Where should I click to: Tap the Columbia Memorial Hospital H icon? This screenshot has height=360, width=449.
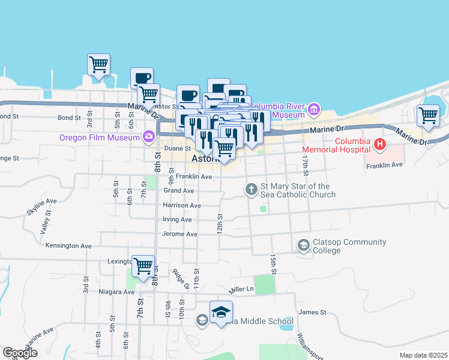pos(379,144)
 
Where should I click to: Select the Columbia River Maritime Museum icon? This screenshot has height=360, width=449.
pos(313,110)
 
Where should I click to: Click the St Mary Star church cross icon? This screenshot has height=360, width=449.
pos(251,190)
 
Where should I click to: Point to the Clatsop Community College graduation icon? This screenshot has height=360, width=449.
pos(303,245)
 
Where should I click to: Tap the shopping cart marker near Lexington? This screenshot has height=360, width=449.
pos(143,265)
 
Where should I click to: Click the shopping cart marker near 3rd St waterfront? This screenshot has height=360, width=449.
pos(98,64)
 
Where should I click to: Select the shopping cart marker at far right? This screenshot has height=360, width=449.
pos(428,115)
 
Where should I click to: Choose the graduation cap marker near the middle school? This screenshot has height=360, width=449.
pos(221,312)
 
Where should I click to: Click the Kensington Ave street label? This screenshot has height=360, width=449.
pos(68,245)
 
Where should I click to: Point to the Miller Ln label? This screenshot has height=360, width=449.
pos(241,289)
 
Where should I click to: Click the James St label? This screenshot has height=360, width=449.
pos(312,312)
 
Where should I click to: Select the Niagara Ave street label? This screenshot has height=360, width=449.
pos(116,292)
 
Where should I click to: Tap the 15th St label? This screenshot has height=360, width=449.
pos(274,263)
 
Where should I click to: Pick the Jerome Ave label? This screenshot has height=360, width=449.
pos(180,234)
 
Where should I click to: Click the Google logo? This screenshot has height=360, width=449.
pos(20,353)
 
